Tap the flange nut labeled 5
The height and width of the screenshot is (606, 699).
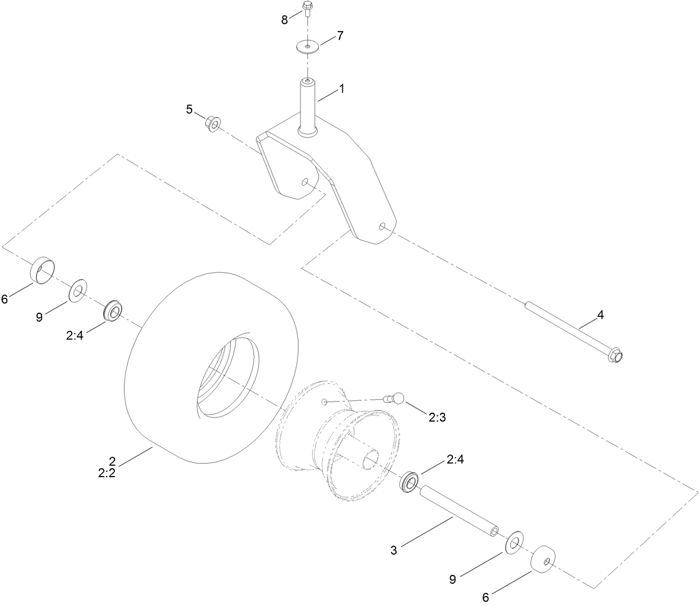pos(212,121)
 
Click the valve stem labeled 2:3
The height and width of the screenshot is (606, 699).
pos(395,398)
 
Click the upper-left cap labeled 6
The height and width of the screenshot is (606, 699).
pos(43,269)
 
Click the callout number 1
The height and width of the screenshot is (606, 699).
pos(342,88)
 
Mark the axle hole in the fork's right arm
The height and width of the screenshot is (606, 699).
pos(382,226)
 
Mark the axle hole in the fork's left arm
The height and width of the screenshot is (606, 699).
pos(304,181)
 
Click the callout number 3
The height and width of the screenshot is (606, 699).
pos(394,550)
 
